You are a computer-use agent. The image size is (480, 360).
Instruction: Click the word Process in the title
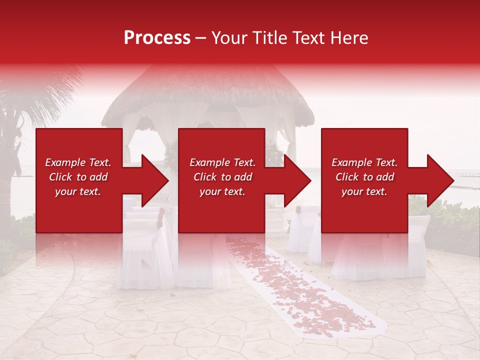[157, 38]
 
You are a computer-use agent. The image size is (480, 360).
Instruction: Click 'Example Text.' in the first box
[78, 162]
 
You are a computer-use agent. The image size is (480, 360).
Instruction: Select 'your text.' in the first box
[78, 191]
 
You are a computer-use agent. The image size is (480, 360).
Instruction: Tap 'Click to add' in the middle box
[222, 177]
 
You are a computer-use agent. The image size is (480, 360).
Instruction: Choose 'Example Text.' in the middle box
[222, 162]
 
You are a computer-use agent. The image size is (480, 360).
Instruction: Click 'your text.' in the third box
[364, 191]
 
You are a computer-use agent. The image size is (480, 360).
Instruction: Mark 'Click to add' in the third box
[364, 177]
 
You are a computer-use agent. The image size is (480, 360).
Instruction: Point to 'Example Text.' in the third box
[364, 162]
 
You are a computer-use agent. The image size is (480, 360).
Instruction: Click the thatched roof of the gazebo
[210, 95]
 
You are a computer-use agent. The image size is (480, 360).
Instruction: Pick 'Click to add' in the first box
[78, 177]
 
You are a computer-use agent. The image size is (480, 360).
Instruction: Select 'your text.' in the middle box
[222, 191]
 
